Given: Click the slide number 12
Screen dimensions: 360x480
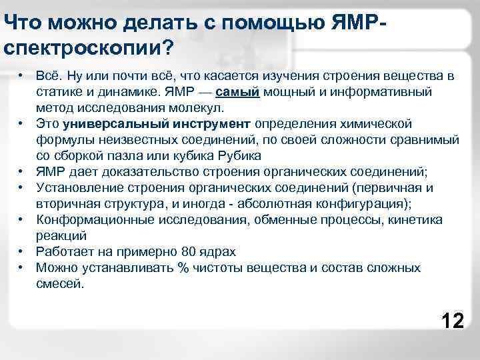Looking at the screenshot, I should click(x=453, y=321).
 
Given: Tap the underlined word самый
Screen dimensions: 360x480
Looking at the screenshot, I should click(x=238, y=91).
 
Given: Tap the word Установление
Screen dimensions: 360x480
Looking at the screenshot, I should click(x=77, y=187).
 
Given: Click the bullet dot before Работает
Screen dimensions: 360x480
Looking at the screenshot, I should click(x=22, y=251).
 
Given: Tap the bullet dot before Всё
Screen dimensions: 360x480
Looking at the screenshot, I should click(x=22, y=75).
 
